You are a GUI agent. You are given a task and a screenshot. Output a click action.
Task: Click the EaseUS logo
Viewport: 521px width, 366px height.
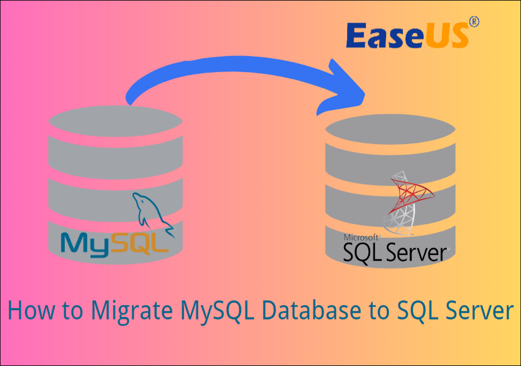[407, 35]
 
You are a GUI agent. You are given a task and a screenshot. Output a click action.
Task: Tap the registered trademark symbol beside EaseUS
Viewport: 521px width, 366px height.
[474, 22]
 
